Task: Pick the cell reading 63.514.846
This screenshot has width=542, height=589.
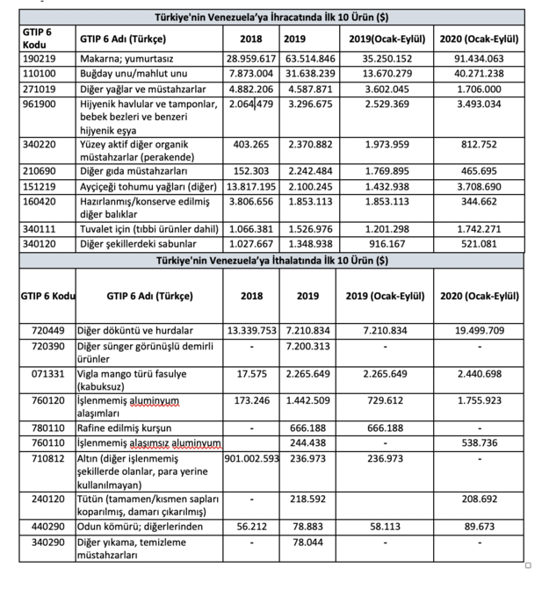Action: click(307, 59)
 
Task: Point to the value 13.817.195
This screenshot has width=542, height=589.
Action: click(252, 187)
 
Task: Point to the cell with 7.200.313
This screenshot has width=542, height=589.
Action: click(307, 346)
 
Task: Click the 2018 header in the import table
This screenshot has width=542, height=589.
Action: click(251, 296)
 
